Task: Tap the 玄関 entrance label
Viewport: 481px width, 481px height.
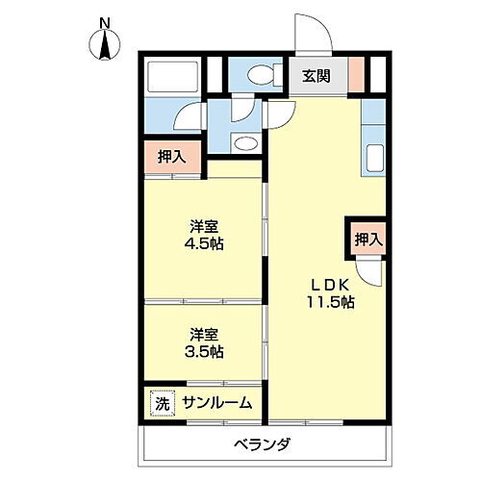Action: [317, 75]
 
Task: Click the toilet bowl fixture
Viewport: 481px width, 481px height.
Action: [259, 75]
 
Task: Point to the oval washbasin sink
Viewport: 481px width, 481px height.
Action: [245, 145]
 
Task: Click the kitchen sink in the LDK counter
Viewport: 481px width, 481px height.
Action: [374, 157]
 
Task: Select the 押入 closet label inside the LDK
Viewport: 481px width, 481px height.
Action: [367, 239]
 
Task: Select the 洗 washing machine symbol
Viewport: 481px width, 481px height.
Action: [162, 404]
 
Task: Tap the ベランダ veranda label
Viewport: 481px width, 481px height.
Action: [261, 444]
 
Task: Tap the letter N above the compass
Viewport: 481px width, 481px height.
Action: [105, 21]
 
